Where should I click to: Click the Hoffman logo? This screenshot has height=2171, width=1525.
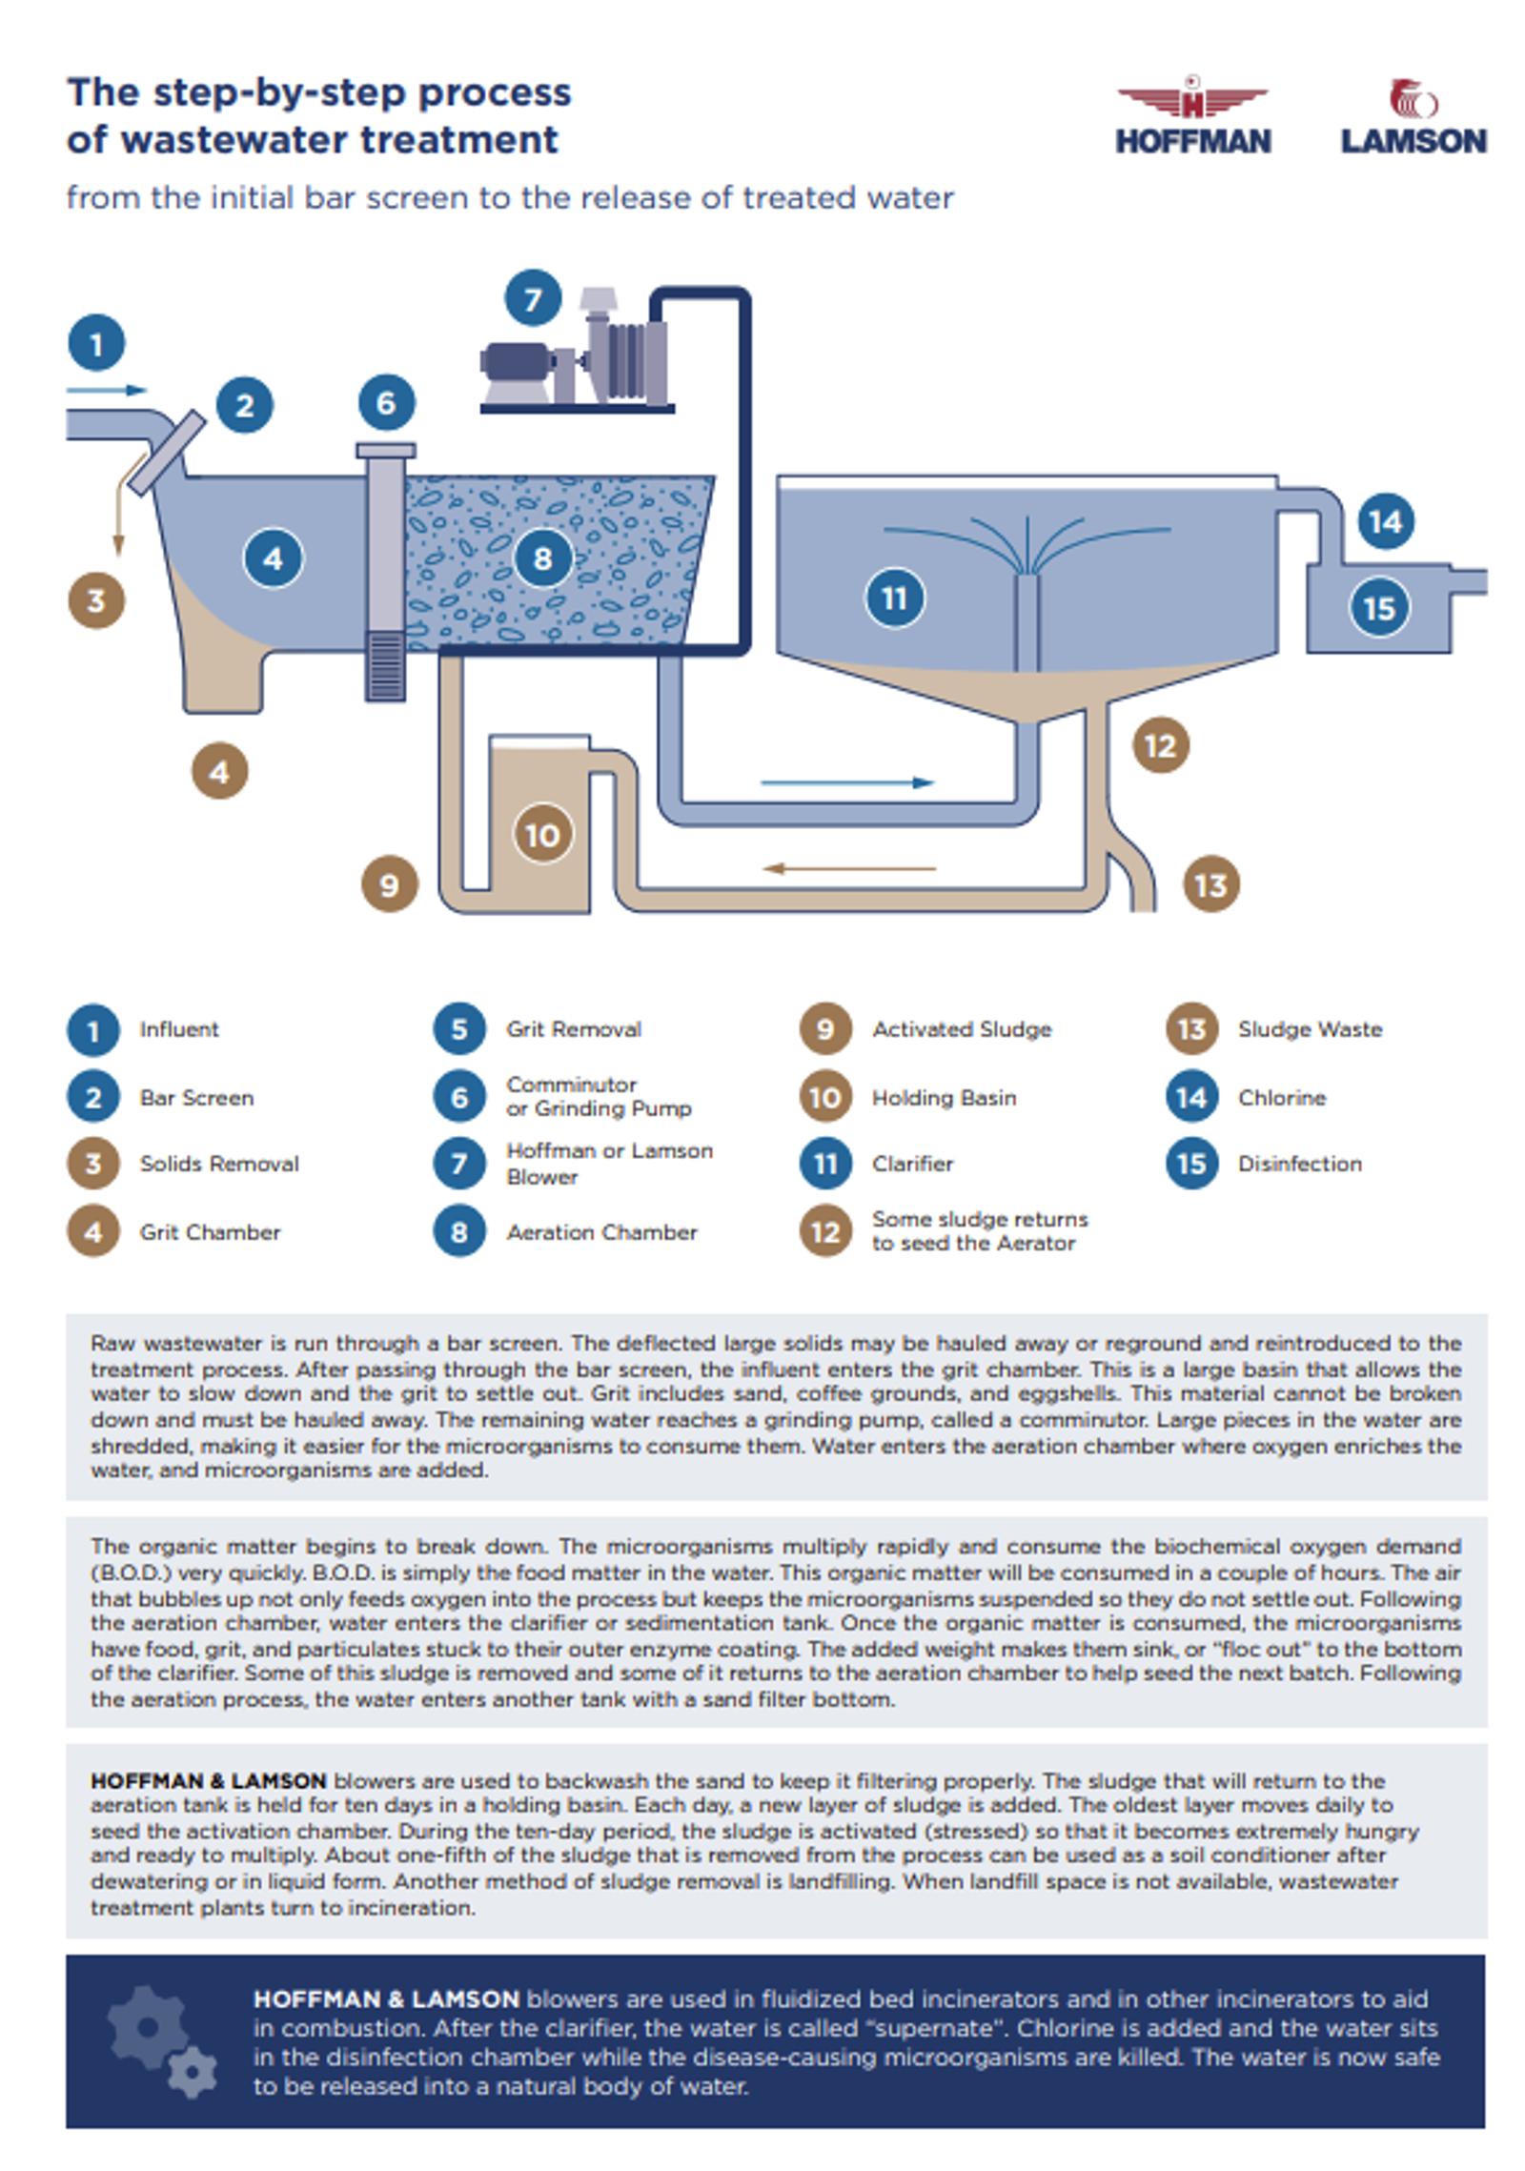(x=1192, y=114)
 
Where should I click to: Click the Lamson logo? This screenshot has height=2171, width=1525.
(x=1413, y=116)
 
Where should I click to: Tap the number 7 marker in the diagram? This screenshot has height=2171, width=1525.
(x=533, y=298)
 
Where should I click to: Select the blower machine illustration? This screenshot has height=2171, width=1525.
(x=576, y=350)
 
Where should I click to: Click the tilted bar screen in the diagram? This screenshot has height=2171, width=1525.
(x=167, y=453)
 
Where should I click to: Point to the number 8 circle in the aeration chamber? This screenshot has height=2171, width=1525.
(x=543, y=558)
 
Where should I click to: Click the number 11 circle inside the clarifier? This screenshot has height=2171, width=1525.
(x=894, y=599)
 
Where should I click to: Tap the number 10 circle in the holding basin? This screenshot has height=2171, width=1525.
(x=543, y=835)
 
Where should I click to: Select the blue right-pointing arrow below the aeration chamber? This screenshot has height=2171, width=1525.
(x=847, y=782)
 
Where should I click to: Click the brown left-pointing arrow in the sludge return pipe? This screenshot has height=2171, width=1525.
(x=849, y=868)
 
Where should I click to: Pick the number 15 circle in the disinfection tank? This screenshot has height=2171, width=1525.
(x=1379, y=608)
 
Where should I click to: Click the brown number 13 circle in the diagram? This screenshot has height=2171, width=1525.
(x=1211, y=884)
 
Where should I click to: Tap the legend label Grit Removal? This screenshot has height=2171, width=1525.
(x=574, y=1029)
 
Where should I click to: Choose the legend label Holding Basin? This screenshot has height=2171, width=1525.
(x=944, y=1098)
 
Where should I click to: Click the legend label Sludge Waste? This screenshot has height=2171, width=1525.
(x=1310, y=1029)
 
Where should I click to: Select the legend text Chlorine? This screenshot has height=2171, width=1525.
(x=1282, y=1098)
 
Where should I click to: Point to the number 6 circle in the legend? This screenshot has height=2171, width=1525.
(x=459, y=1097)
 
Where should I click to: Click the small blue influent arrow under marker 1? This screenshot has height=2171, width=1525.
(x=107, y=390)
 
